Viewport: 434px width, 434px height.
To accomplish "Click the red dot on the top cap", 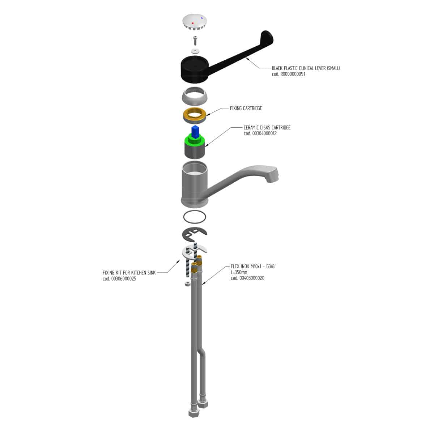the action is click(192, 23).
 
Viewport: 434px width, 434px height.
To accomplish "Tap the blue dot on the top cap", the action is click(202, 18).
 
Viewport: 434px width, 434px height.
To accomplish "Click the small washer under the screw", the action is click(195, 51).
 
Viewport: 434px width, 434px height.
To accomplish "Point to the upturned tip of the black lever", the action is click(267, 36).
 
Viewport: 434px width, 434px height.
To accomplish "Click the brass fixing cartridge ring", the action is click(195, 115).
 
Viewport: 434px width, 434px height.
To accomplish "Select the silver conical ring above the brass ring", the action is click(195, 96).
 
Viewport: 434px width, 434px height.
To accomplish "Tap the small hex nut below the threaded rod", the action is click(187, 284).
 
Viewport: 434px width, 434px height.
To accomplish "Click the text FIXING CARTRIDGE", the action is click(246, 109).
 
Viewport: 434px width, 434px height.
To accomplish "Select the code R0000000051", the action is click(288, 74).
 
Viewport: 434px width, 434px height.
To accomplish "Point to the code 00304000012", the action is click(260, 133).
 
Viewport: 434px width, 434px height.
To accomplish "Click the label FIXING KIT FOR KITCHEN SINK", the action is click(129, 273).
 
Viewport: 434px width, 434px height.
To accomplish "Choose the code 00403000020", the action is click(247, 278).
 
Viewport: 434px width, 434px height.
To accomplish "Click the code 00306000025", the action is click(119, 279).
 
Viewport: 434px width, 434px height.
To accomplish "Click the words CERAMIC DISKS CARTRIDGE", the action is click(267, 127).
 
